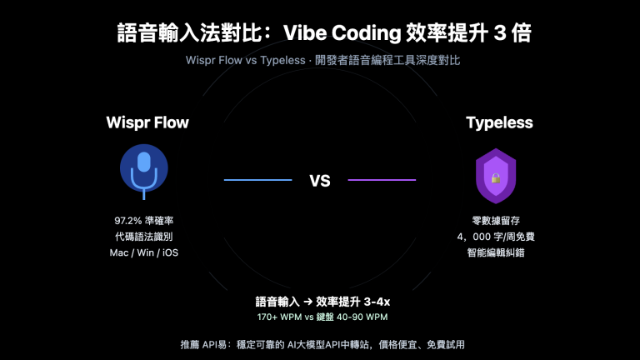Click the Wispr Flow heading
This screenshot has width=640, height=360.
tap(147, 123)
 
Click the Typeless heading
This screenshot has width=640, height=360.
tap(499, 123)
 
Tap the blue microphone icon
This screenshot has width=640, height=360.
tap(144, 169)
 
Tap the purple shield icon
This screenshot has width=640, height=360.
tap(495, 176)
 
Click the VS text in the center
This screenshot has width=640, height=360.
tap(320, 180)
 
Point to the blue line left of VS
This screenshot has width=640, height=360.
tap(257, 180)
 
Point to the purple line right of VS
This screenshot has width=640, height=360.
tap(381, 180)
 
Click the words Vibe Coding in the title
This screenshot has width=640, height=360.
tap(343, 33)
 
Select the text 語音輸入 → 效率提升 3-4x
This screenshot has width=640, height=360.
tap(322, 301)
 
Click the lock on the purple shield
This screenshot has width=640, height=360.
tap(495, 178)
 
